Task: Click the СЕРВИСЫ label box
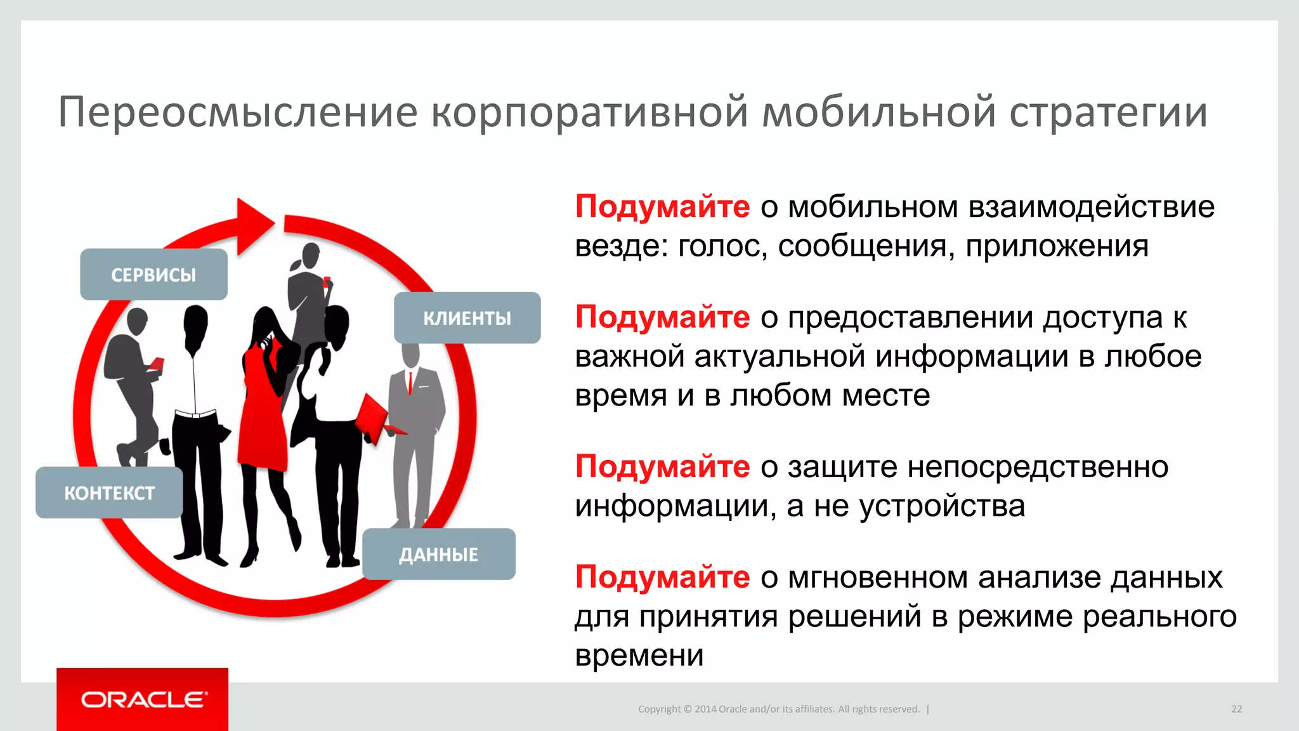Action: click(x=153, y=274)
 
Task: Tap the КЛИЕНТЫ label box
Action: click(x=467, y=317)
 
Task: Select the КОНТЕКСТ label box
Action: click(x=109, y=492)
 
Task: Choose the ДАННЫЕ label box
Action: click(x=438, y=554)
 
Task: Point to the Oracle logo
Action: click(x=143, y=699)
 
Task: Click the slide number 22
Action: click(x=1236, y=709)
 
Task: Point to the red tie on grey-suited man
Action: click(x=410, y=383)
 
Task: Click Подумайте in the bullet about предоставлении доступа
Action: click(x=662, y=317)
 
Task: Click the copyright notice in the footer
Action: click(x=778, y=709)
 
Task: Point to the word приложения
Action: click(x=1057, y=246)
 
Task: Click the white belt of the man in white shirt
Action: click(x=196, y=414)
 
